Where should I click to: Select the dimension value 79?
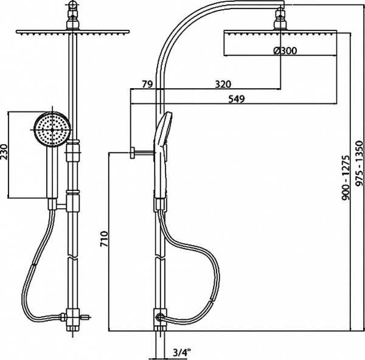[x=146, y=84]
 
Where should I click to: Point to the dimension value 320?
[x=224, y=84]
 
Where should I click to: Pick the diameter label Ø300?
[x=285, y=51]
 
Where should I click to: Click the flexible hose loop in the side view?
[x=207, y=268]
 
